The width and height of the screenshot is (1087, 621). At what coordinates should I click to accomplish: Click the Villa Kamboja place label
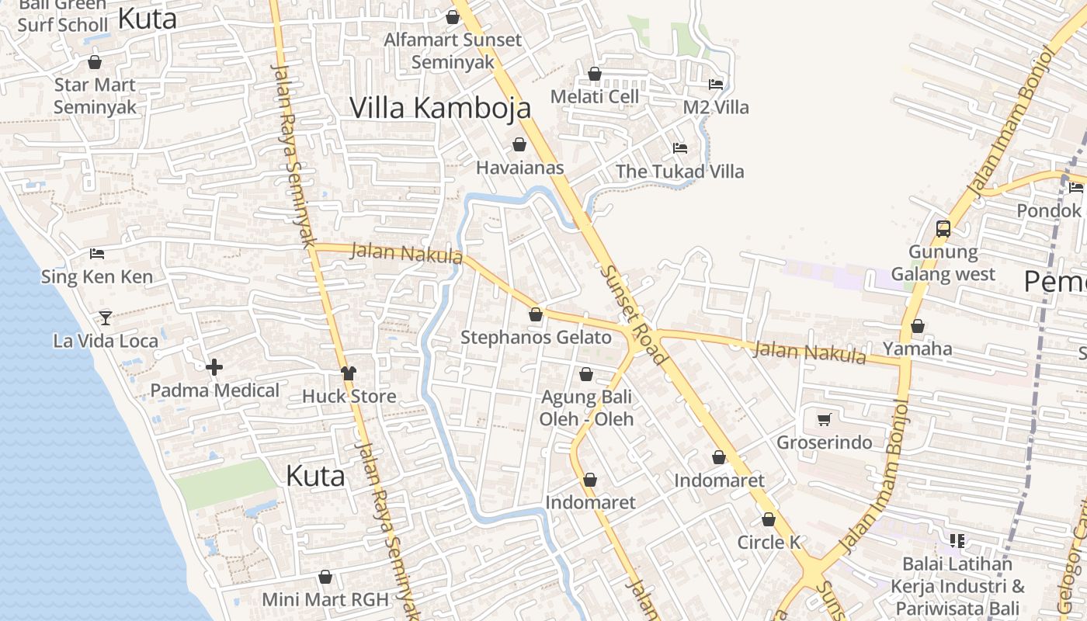coord(440,108)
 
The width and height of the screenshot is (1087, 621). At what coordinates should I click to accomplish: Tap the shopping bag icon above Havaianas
coord(519,144)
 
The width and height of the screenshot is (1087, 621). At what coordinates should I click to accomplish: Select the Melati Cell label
coord(595,96)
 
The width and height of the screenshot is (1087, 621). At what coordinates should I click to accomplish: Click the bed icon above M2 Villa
coord(716,84)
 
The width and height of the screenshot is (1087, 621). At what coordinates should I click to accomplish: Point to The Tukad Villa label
coord(679,172)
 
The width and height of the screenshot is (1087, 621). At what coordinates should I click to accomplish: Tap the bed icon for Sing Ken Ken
coord(97,253)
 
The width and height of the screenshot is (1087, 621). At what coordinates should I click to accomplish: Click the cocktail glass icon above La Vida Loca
coord(106,317)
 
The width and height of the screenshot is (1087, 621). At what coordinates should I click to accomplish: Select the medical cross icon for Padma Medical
coord(214,366)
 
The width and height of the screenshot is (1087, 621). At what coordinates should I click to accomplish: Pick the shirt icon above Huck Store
coord(349,373)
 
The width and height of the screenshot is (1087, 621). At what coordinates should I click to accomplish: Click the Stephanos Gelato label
coord(537,338)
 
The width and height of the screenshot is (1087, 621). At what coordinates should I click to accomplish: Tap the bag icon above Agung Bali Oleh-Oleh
coord(586,375)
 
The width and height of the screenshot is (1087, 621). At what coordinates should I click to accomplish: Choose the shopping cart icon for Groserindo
coord(825,420)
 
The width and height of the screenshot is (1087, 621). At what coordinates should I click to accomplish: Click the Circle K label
coord(769,542)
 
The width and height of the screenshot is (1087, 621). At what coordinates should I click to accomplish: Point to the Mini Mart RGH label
coord(325,599)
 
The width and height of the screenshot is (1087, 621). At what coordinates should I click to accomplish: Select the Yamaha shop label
coord(918,349)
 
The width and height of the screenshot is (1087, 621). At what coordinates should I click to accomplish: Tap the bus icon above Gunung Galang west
coord(943,229)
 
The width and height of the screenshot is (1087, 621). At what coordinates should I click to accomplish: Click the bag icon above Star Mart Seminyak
coord(95,62)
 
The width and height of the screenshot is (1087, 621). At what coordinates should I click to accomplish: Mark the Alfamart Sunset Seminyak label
coord(453,50)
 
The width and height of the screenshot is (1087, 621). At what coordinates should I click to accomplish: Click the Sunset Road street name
coord(634,314)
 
